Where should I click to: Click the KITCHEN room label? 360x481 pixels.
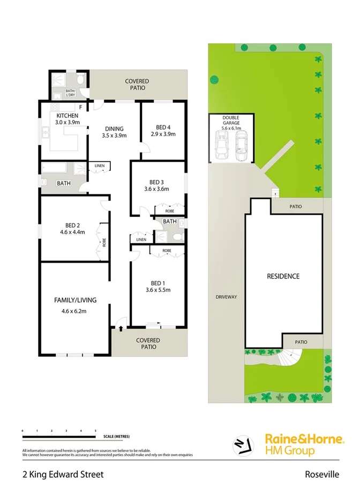point(67,116)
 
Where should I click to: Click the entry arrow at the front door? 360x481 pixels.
point(121,329)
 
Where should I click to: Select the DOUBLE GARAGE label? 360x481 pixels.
point(231,121)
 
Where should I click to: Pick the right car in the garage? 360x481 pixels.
point(242,145)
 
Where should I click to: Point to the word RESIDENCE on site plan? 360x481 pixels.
point(283,276)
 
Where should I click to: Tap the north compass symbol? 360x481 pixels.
point(242,445)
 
